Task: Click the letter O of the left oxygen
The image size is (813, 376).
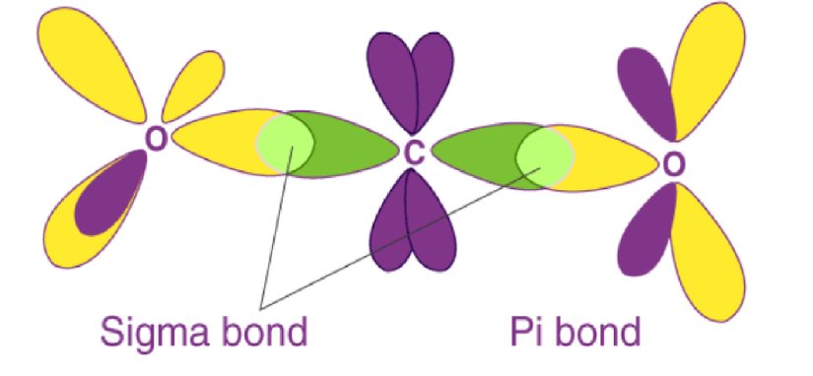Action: point(155,141)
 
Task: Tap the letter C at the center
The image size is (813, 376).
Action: point(415,152)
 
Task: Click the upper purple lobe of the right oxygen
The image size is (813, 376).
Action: point(645,94)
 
